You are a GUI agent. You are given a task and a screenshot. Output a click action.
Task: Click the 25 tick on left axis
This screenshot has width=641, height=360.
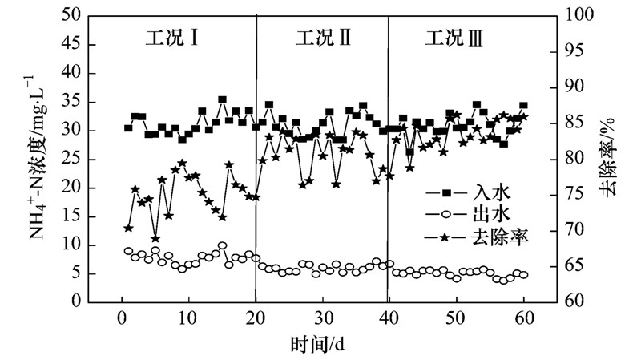(68, 159)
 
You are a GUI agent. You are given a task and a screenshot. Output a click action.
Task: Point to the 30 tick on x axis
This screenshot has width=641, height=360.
(322, 318)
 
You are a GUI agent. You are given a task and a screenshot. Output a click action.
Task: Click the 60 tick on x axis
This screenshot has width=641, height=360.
(524, 318)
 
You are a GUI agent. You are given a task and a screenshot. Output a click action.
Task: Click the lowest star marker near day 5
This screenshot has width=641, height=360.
(155, 238)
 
